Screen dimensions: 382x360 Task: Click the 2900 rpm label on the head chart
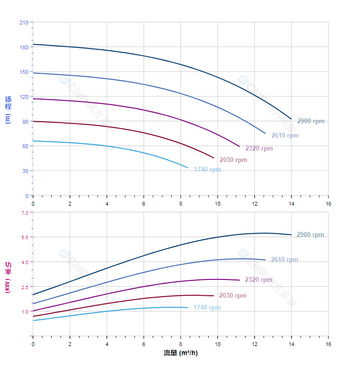(311, 121)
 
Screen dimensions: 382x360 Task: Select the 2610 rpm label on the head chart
(285, 136)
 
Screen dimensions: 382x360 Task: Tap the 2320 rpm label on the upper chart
(259, 149)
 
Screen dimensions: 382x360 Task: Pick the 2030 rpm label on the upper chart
(233, 160)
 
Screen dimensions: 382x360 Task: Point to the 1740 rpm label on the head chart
(207, 170)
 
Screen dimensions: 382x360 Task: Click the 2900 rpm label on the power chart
(310, 235)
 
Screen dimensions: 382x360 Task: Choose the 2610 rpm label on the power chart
(284, 260)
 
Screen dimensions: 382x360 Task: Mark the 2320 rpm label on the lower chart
(259, 280)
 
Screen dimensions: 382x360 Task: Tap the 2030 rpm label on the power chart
(233, 296)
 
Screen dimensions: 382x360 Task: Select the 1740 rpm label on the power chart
(207, 308)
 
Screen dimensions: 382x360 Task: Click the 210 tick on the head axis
(24, 23)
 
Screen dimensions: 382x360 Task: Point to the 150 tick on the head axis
(24, 72)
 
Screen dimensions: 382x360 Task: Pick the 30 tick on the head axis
(25, 171)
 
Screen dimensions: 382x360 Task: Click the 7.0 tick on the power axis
(25, 212)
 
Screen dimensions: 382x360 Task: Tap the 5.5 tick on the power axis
(25, 237)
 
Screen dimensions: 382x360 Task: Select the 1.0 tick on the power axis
(25, 312)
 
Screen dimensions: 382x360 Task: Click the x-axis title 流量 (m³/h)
(180, 353)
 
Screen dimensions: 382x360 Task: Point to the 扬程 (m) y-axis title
(8, 110)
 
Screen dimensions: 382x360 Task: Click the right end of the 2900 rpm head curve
(291, 119)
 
